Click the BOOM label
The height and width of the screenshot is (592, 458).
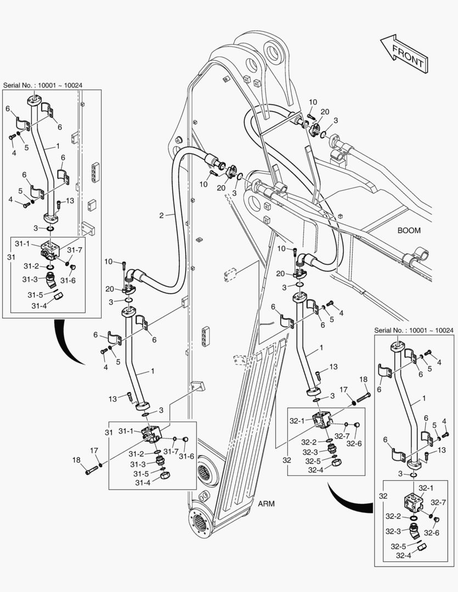409,231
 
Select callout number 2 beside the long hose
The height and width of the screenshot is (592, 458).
161,215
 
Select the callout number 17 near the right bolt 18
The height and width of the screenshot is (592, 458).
343,390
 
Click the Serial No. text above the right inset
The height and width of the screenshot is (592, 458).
414,331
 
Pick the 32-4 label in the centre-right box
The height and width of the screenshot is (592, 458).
315,469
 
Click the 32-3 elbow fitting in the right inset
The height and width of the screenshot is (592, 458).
414,531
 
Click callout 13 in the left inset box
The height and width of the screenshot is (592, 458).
70,201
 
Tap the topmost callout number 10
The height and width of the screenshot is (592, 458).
312,102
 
